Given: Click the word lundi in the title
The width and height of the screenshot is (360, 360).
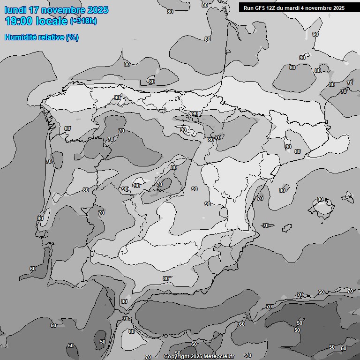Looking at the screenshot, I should click(16, 10).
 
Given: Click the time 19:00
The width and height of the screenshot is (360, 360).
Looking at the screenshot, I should click(19, 21).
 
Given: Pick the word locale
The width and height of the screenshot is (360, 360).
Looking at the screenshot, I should click(52, 21).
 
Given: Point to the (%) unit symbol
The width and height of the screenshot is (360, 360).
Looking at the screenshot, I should click(72, 37).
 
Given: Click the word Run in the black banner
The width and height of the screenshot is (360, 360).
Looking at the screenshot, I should click(248, 8).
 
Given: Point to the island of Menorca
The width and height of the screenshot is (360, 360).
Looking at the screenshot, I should click(348, 195).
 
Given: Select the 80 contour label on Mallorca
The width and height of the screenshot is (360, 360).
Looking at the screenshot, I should click(320, 199).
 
